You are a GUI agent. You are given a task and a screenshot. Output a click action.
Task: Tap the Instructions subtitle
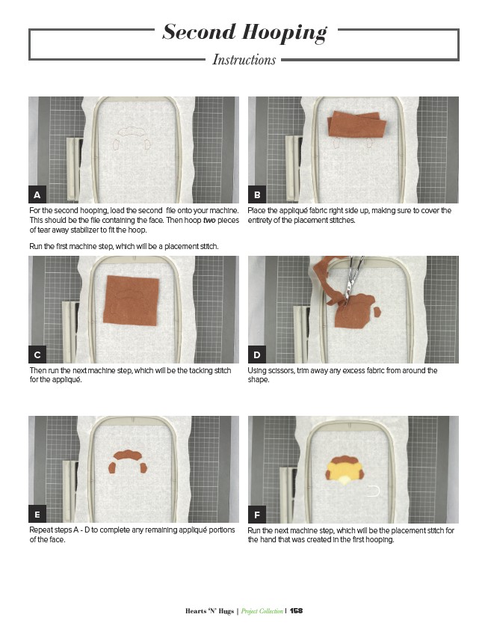coord(244,60)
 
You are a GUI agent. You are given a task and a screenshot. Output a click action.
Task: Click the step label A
coord(37,194)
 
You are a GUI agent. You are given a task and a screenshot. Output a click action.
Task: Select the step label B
coord(257,194)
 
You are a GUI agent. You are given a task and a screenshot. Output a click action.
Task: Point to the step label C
coord(37,355)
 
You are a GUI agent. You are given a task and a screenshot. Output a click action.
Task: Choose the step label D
coord(257,355)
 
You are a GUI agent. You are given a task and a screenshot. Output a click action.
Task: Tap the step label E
coord(37,515)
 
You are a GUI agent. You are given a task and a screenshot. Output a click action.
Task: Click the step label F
coord(257,515)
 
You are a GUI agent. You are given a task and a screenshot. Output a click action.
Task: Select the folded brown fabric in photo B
coord(356,125)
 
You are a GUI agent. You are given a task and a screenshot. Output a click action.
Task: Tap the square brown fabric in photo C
coord(131,300)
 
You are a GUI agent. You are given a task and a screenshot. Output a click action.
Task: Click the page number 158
coord(296,610)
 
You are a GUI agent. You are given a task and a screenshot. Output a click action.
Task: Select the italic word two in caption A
coord(209,220)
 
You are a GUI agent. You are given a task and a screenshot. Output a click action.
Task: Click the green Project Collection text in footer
coord(262,611)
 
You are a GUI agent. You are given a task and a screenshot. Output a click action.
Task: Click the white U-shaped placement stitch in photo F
coord(374,491)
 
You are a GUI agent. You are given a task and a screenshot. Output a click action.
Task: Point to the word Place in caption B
coord(256,210)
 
